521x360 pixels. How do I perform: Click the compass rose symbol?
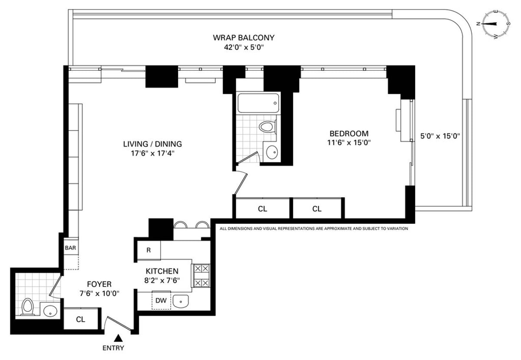click(x=495, y=24)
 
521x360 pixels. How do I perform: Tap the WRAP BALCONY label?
click(x=243, y=38)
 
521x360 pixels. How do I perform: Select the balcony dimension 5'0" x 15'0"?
click(x=440, y=135)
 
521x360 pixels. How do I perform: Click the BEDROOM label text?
click(x=349, y=134)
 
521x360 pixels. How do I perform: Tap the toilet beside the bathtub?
click(x=267, y=127)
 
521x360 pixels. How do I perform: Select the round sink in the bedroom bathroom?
click(x=272, y=152)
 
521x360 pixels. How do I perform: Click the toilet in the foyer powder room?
click(x=28, y=307)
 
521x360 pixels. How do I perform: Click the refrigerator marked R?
click(x=148, y=251)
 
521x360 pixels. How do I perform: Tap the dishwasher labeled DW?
click(x=161, y=301)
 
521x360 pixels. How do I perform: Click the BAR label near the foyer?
click(x=70, y=248)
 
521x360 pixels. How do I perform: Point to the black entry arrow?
click(x=118, y=337)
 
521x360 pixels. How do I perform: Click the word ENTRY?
click(x=113, y=348)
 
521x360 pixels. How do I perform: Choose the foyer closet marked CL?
click(x=81, y=320)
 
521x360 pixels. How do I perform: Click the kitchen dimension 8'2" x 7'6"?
click(x=162, y=280)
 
